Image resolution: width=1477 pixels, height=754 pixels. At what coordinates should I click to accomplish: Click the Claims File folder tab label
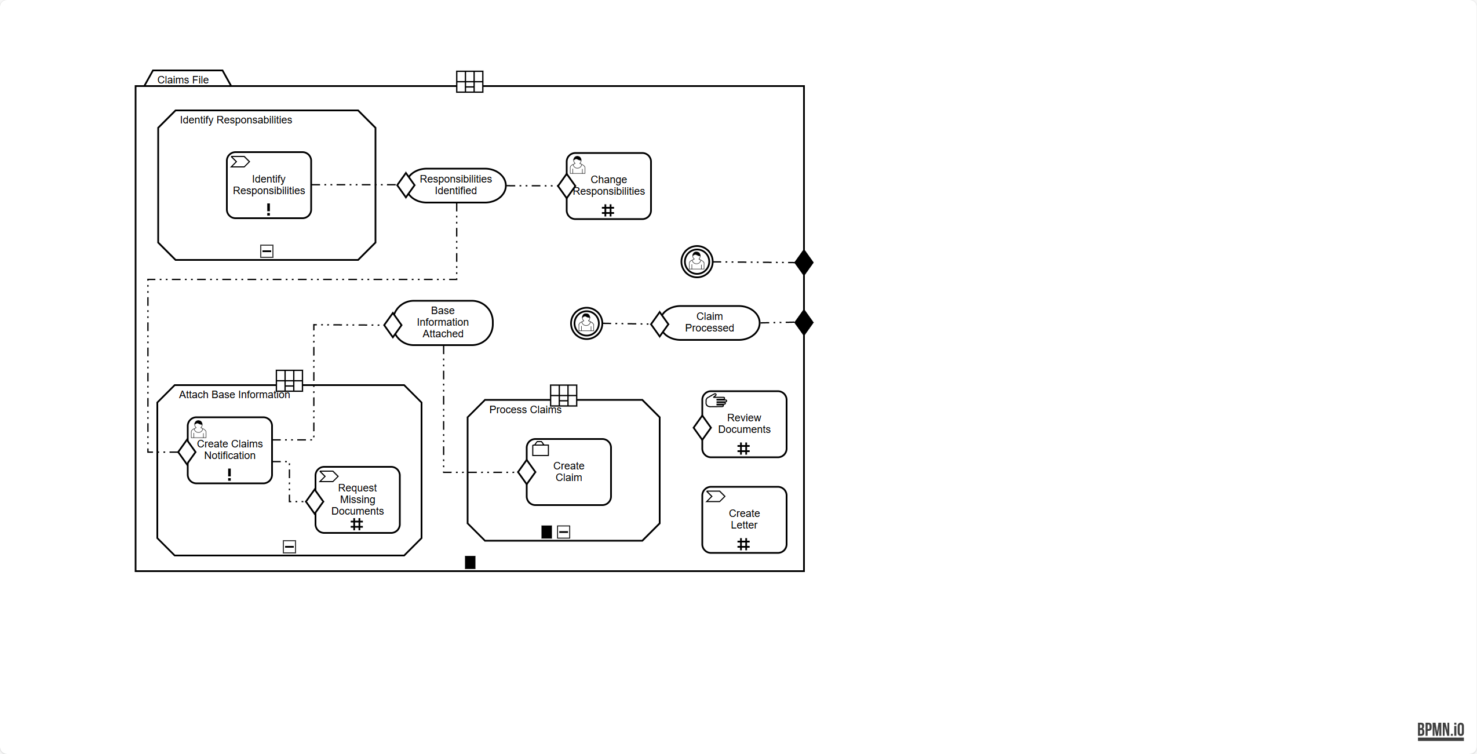point(183,79)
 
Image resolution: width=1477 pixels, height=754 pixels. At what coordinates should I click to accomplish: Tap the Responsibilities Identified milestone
point(456,185)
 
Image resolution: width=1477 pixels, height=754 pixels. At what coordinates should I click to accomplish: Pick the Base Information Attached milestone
point(443,323)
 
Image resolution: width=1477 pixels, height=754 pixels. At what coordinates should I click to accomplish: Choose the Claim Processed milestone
point(710,323)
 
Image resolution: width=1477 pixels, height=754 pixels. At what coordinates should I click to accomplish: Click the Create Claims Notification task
point(231,450)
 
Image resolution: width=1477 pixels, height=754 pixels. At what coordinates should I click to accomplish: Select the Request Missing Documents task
point(358,500)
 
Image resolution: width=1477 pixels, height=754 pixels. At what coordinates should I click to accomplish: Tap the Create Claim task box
point(569,472)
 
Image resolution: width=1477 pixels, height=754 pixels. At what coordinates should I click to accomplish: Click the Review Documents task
point(745,424)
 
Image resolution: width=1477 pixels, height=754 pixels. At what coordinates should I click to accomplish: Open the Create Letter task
point(745,520)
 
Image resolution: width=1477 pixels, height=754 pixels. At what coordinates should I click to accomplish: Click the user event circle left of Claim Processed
point(586,323)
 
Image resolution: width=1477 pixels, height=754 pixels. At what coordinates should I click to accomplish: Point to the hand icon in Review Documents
point(716,400)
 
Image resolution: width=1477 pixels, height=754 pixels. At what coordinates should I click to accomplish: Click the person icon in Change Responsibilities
point(578,165)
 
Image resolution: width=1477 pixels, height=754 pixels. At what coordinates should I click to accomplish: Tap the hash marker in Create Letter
point(743,544)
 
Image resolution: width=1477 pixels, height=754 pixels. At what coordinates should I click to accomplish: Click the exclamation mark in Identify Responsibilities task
point(268,210)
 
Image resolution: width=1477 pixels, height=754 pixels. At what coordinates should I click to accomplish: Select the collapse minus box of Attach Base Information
point(289,547)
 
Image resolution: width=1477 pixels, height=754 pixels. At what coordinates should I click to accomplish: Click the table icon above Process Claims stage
point(563,395)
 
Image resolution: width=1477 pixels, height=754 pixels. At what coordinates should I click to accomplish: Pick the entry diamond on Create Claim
point(527,472)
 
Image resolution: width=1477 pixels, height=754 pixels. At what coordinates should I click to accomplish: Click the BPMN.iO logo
point(1440,730)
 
